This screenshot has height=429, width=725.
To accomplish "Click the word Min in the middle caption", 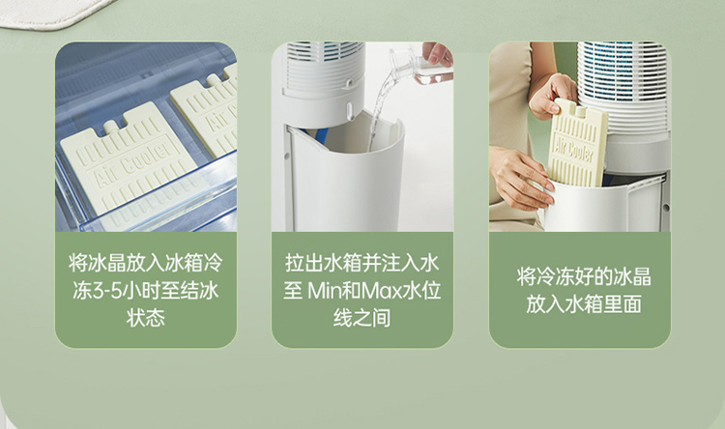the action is coord(323,291).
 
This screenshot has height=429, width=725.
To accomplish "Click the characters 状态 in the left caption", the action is coord(146,318).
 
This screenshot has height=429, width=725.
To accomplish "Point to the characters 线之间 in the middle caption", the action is coord(362,318).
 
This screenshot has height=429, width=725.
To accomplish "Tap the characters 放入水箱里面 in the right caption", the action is coord(584,304).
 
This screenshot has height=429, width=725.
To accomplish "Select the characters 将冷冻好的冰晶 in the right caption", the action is coord(584,277).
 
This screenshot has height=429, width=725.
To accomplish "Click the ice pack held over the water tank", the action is coord(578,143).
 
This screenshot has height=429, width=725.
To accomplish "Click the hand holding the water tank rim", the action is coord(521,177).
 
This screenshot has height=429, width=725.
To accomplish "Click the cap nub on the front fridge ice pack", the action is coord(110,126).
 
